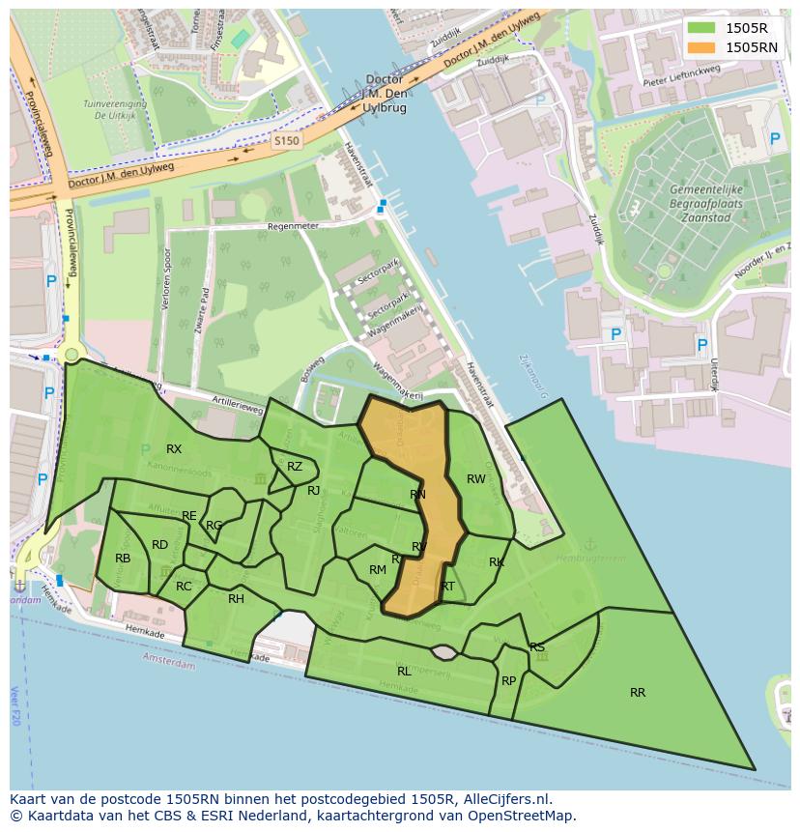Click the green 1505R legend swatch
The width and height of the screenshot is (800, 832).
click(701, 29)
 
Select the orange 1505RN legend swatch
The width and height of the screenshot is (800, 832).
click(701, 46)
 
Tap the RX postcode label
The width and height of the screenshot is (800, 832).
click(174, 449)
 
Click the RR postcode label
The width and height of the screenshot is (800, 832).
click(638, 693)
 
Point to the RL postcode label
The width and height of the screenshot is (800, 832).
click(404, 671)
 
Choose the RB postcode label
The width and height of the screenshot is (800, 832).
click(123, 559)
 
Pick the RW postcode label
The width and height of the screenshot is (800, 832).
click(476, 479)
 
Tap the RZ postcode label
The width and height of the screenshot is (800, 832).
click(295, 467)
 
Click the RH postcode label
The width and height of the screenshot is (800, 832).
click(236, 599)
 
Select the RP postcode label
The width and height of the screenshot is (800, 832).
click(509, 681)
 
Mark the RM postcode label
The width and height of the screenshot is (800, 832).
click(378, 570)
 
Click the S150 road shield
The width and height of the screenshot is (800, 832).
click(286, 141)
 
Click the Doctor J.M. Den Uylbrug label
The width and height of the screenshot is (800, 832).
click(386, 93)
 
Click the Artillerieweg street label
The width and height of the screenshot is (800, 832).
click(239, 410)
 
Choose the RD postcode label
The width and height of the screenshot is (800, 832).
click(159, 545)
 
